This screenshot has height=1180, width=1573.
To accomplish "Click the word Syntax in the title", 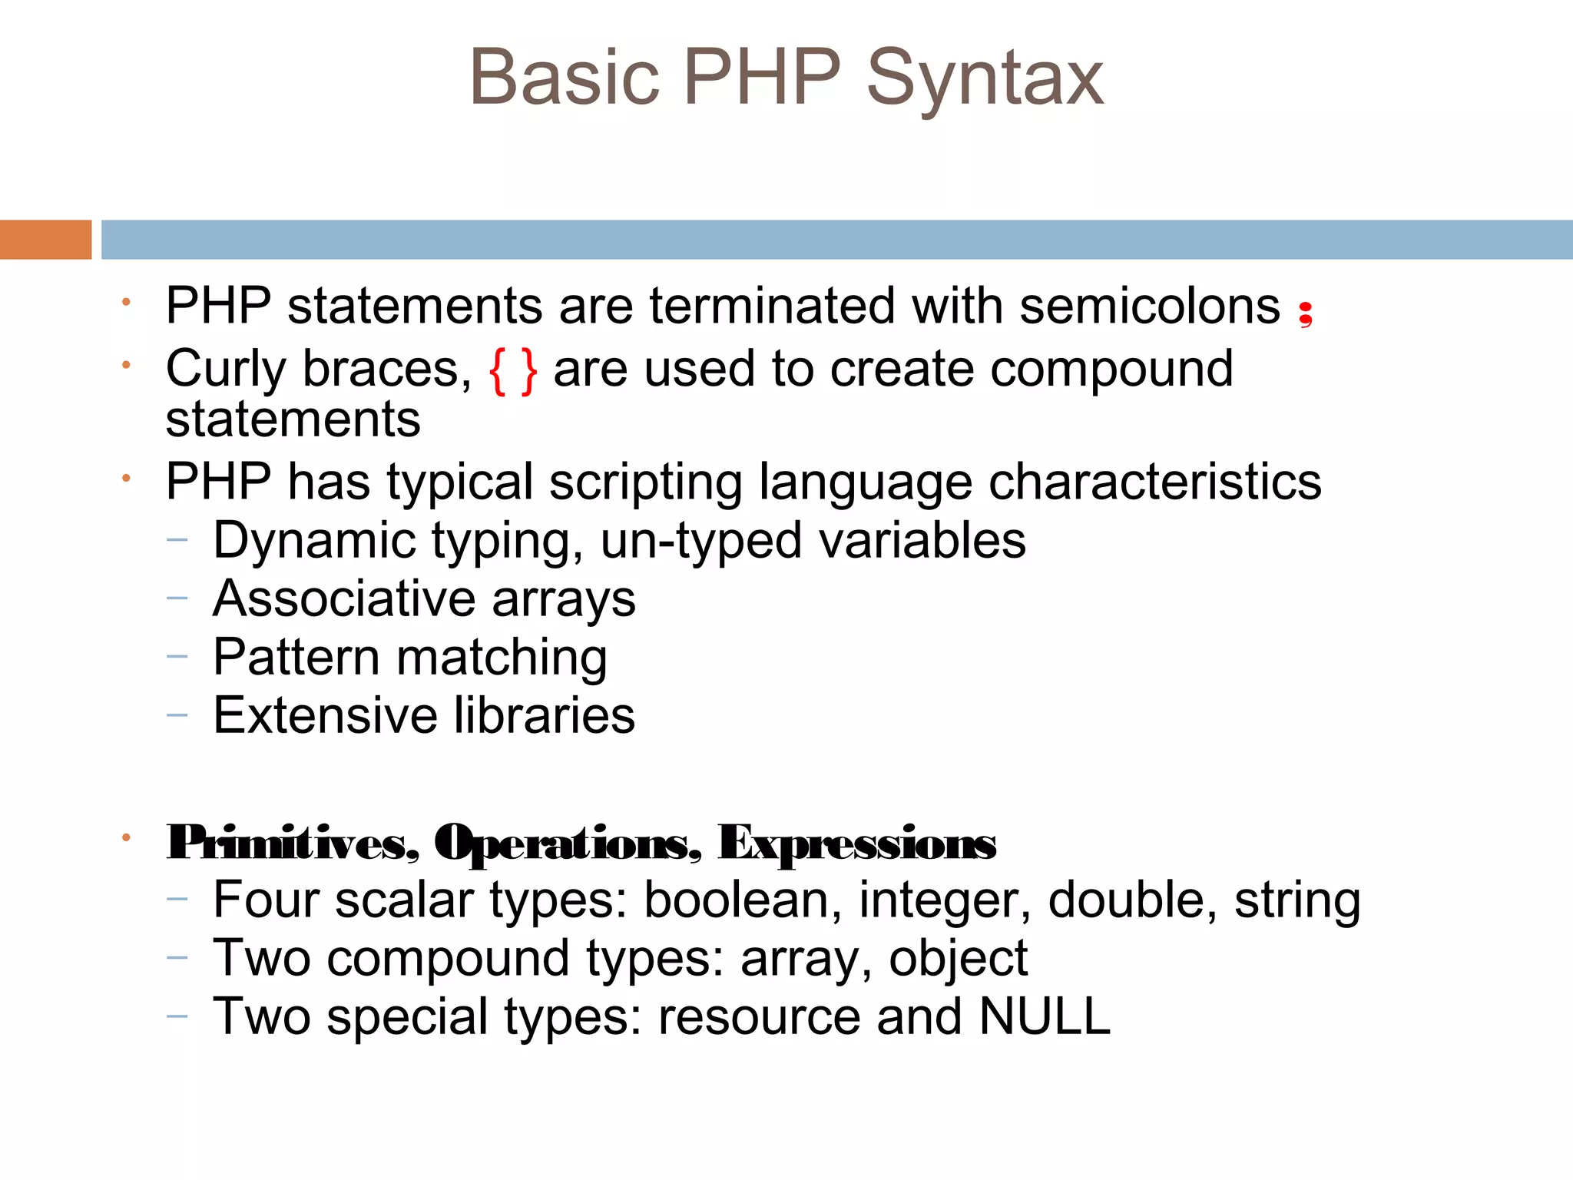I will (x=985, y=79).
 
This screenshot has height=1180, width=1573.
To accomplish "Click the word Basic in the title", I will (x=565, y=78).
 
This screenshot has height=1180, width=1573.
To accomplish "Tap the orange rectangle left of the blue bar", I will (x=45, y=240).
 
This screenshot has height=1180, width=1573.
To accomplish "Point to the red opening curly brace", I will (x=498, y=371).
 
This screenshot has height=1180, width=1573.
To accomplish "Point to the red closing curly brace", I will (x=528, y=371).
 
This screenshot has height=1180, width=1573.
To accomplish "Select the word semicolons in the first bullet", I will (x=1150, y=307).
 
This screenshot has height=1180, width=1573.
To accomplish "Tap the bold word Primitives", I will (x=293, y=844).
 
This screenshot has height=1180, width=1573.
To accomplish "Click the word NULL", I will (x=1045, y=1016).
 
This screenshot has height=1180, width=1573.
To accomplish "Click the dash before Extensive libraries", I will (x=177, y=716).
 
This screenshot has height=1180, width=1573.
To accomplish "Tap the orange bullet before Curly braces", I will (x=126, y=365).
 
